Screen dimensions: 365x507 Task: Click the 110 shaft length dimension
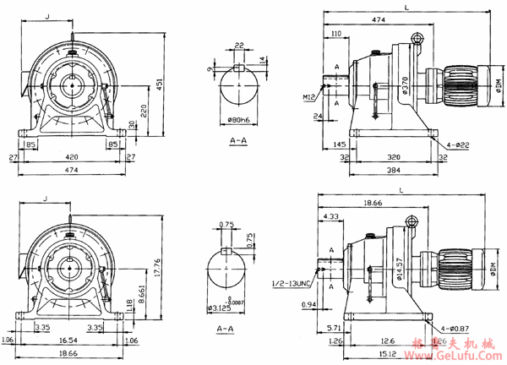[336, 33]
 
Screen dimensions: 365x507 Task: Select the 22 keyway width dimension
[239, 45]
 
